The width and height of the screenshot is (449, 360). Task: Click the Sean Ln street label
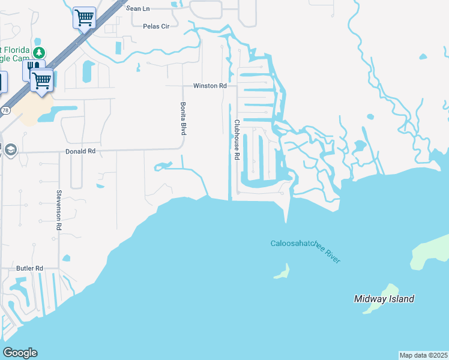point(137,8)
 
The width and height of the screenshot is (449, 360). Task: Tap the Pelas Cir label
point(156,26)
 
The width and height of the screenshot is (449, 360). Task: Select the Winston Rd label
point(209,86)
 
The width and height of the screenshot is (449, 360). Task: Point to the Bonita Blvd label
point(184,118)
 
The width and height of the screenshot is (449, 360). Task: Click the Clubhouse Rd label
point(237,139)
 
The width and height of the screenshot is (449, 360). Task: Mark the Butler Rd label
point(30,268)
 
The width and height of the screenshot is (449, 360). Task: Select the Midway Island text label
point(384,299)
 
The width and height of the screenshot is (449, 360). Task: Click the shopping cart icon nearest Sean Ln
point(84,17)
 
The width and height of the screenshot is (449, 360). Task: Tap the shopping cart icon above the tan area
point(42,80)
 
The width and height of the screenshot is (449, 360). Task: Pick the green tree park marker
point(39,53)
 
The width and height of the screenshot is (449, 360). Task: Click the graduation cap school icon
point(11,149)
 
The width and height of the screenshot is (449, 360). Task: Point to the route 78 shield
point(5,111)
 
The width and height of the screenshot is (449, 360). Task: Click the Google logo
point(20,353)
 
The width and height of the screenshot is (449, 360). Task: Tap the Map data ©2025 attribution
point(424,355)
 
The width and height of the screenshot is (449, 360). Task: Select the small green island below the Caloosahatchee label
point(281,273)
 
